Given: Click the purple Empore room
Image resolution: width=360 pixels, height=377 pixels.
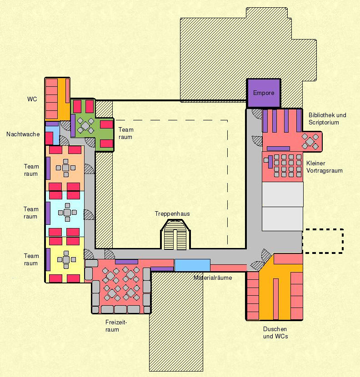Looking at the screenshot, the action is (x=264, y=93).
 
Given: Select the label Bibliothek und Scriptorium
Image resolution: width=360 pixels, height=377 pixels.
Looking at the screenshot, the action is (x=327, y=119).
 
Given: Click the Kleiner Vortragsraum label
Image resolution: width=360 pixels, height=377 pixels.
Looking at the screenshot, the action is (x=324, y=167).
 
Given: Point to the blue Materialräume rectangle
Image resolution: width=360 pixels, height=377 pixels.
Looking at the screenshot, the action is (x=192, y=265).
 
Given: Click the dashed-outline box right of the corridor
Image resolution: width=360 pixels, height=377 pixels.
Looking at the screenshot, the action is (x=323, y=241).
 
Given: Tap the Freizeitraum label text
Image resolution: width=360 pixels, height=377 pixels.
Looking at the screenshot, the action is (x=116, y=326).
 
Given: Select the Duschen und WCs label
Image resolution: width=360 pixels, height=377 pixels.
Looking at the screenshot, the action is (x=275, y=332).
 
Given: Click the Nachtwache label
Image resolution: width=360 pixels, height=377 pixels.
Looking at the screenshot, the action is (x=23, y=134).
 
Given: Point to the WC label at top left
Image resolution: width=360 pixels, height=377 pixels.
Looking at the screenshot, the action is (x=32, y=99).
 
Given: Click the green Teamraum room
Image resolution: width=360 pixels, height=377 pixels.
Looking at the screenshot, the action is (x=92, y=125).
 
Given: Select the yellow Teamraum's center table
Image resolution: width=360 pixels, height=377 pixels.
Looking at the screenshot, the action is (x=66, y=260).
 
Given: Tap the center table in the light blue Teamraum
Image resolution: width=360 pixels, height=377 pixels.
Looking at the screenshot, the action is (x=67, y=213).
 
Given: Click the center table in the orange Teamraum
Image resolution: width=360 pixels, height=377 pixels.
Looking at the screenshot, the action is (x=66, y=168).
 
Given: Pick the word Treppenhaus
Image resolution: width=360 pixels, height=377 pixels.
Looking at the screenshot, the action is (x=172, y=214).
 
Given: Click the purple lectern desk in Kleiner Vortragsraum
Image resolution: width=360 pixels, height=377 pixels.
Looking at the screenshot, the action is (x=270, y=162).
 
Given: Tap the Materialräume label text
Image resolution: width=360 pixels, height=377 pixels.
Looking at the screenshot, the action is (x=213, y=278).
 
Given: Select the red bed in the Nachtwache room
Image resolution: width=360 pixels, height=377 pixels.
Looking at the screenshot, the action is (x=49, y=138).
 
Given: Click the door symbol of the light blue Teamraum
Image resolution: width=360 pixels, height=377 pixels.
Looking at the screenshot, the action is (x=89, y=215).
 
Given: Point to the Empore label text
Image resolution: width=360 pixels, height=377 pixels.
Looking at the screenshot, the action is (x=264, y=93).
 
